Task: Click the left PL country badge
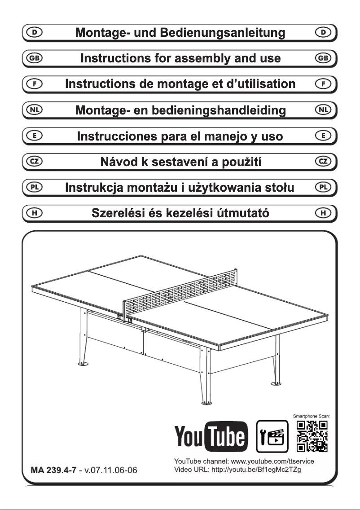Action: [x=33, y=186]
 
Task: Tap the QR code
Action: [x=313, y=436]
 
